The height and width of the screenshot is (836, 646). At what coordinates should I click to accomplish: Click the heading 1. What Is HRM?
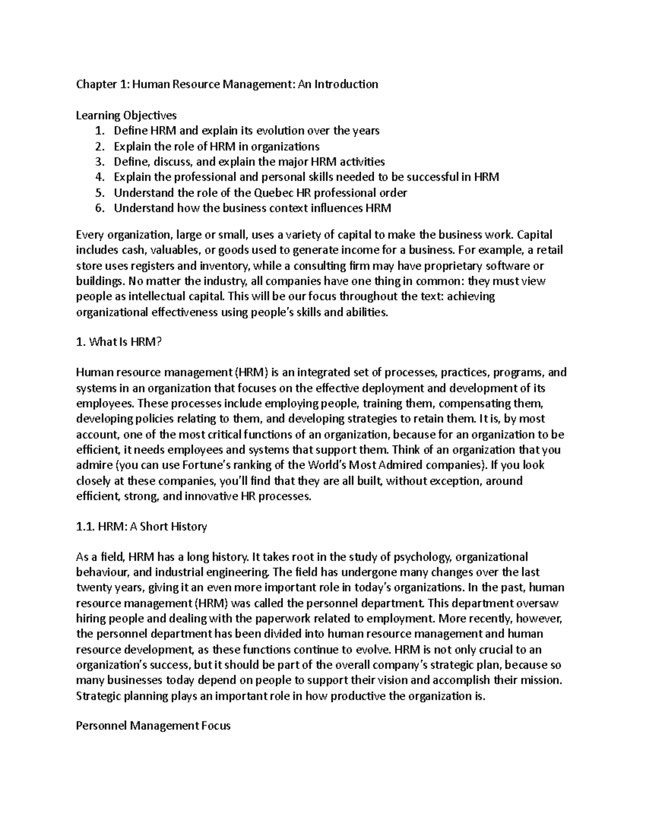coord(118,342)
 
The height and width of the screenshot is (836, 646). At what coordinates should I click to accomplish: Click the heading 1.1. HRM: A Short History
coord(142,527)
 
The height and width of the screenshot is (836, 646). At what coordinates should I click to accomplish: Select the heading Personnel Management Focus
coord(153,726)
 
